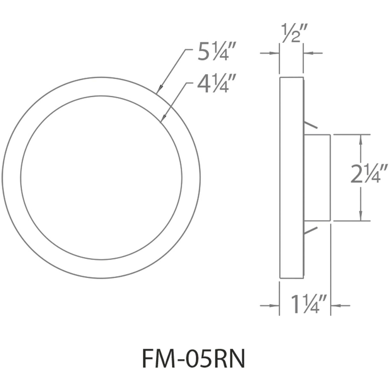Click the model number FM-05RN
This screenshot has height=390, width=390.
click(x=194, y=360)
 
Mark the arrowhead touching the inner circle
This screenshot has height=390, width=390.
click(x=163, y=119)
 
